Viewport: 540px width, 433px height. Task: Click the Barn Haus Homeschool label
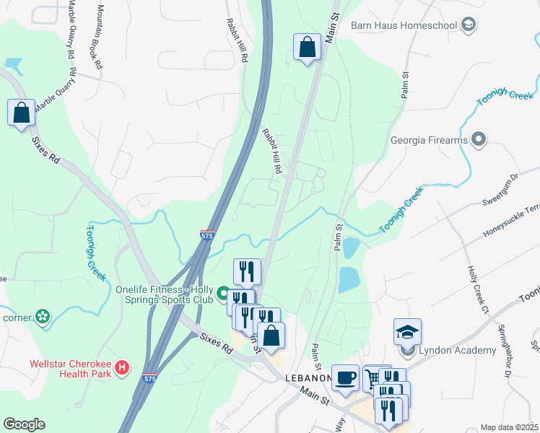404,26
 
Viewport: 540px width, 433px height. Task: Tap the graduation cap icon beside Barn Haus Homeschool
469,26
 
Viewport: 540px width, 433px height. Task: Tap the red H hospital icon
123,367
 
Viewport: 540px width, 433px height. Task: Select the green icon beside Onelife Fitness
224,294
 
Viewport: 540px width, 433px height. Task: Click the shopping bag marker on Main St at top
308,48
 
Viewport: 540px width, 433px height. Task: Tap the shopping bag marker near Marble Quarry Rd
21,113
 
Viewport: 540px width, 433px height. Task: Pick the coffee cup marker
345,377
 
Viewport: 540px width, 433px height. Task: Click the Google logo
24,424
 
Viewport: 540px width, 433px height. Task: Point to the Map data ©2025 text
508,427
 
